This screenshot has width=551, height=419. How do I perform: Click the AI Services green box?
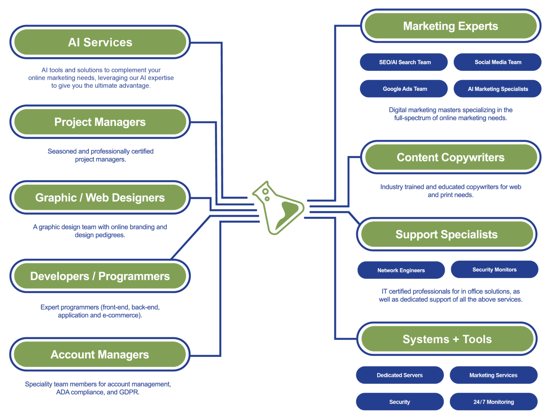point(100,42)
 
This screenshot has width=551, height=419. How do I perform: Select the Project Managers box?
point(100,122)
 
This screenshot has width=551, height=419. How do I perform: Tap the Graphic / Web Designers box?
point(100,197)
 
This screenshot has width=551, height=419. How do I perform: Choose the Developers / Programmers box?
point(100,276)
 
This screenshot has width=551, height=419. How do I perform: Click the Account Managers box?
point(100,354)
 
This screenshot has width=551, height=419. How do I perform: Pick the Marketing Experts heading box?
point(451,26)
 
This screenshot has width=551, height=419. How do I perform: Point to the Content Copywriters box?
point(451,157)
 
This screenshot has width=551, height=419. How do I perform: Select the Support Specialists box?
point(447,234)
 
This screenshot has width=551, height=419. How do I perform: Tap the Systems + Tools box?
point(447,339)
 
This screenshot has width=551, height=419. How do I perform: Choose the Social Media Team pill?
point(498,62)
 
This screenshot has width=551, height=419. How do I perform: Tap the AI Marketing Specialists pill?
point(498,89)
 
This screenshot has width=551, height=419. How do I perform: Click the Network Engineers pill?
point(401,270)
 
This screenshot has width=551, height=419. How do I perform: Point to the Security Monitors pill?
point(494,269)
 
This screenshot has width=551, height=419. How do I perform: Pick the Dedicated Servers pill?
point(400,375)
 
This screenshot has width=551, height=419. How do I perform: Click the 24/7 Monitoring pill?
point(494,402)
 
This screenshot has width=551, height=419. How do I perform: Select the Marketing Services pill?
point(494,375)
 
